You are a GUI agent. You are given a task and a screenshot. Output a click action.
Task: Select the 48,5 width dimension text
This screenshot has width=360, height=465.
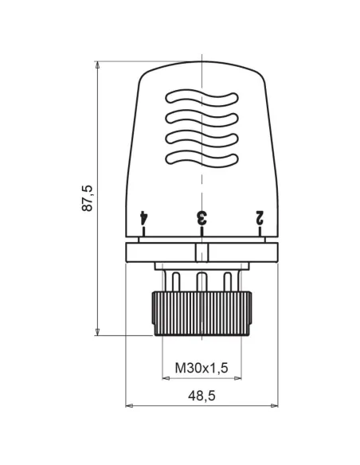click(202, 395)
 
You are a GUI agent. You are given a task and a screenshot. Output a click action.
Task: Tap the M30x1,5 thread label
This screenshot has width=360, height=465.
click(202, 367)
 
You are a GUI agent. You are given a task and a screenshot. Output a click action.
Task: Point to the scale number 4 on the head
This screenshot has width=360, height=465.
click(143, 217)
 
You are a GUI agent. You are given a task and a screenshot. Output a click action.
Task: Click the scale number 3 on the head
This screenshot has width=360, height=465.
click(202, 217)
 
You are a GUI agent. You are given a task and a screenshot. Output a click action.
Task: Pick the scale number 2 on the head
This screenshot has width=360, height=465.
click(260, 217)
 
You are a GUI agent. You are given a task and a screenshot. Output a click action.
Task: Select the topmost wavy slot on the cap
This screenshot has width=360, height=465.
click(202, 99)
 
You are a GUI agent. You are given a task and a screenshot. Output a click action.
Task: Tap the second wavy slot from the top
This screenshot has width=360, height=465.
click(202, 119)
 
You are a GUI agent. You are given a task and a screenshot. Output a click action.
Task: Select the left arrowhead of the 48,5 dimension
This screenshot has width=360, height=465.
click(129, 404)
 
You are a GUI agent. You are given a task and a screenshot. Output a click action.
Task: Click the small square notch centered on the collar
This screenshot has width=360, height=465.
click(202, 254)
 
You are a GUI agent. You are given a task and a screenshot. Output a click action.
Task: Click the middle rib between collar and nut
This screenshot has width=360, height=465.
click(202, 280)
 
